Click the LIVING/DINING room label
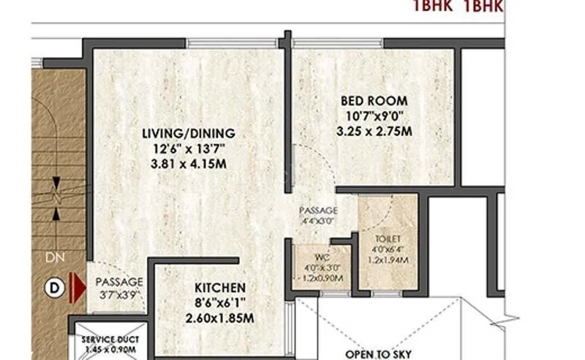coord(188,133)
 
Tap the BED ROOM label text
coord(374,100)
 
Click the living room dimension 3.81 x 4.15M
coord(188,163)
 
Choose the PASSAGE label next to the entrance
coord(118,282)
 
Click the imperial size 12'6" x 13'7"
coord(188,149)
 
